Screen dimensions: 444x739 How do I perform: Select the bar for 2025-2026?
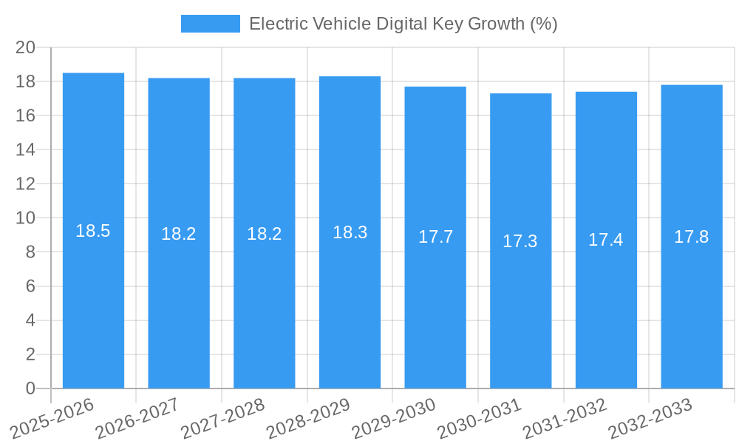pyautogui.click(x=93, y=296)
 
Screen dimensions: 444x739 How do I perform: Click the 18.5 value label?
pyautogui.click(x=93, y=231)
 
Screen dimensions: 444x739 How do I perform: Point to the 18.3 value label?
pyautogui.click(x=350, y=232)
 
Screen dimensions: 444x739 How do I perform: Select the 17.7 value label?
pyautogui.click(x=435, y=237)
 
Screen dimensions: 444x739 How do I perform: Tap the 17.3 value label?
pyautogui.click(x=520, y=241)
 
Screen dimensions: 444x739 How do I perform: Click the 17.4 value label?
pyautogui.click(x=606, y=240)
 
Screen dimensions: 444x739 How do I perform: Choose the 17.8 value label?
pyautogui.click(x=692, y=237)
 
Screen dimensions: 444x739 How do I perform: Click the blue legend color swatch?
pyautogui.click(x=211, y=24)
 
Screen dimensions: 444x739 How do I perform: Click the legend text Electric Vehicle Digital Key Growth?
pyautogui.click(x=403, y=24)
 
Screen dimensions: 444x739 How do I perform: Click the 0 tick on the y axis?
pyautogui.click(x=30, y=388)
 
